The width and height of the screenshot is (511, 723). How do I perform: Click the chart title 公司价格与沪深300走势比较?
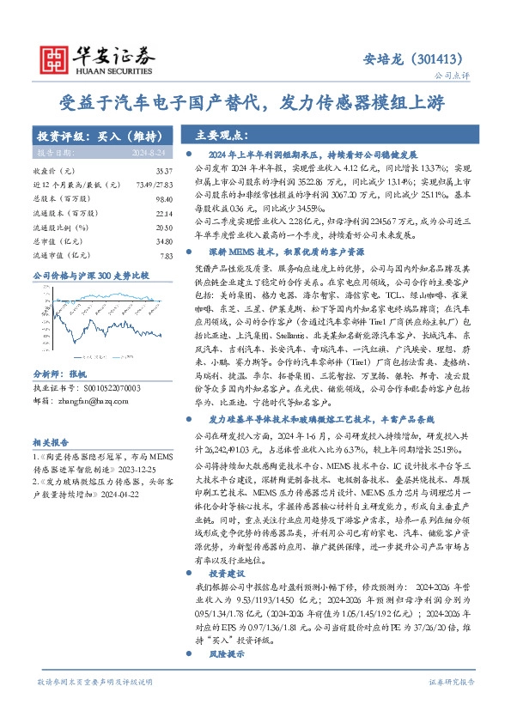[x=90, y=275]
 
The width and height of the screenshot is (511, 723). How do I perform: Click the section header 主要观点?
[x=222, y=136]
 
